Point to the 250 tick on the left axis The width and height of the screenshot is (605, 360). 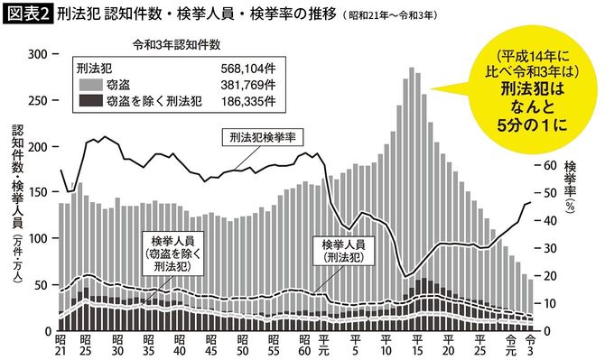[39, 100]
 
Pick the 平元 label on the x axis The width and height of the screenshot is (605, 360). [324, 346]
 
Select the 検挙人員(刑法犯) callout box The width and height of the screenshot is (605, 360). [342, 250]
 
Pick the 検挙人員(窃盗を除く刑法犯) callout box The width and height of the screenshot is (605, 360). [172, 254]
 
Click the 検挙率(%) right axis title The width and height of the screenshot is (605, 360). [570, 185]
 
